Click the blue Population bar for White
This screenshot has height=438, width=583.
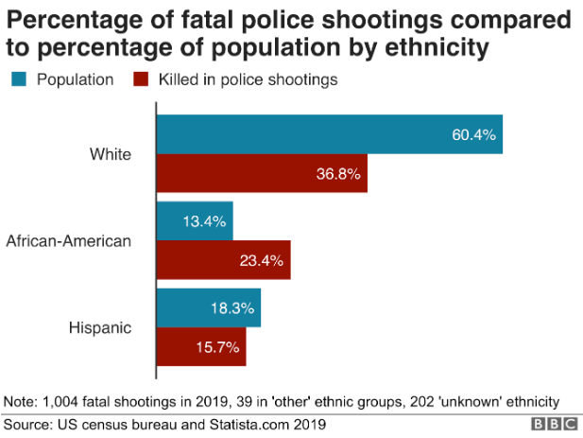coord(329,134)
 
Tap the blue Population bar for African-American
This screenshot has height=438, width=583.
coord(195,221)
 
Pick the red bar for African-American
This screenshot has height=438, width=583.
coord(223,260)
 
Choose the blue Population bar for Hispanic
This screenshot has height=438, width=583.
coord(208,308)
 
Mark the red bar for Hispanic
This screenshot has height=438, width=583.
coord(201,347)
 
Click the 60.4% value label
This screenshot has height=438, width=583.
coord(473,134)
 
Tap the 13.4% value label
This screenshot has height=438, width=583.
coord(203,221)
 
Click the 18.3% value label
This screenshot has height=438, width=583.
coord(231,308)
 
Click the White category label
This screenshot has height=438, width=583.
coord(111,153)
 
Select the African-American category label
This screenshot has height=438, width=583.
coord(68,240)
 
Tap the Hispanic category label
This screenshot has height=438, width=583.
coord(99,327)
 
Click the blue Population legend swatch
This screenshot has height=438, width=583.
coord(18,79)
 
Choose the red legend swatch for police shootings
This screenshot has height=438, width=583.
coord(143,79)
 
